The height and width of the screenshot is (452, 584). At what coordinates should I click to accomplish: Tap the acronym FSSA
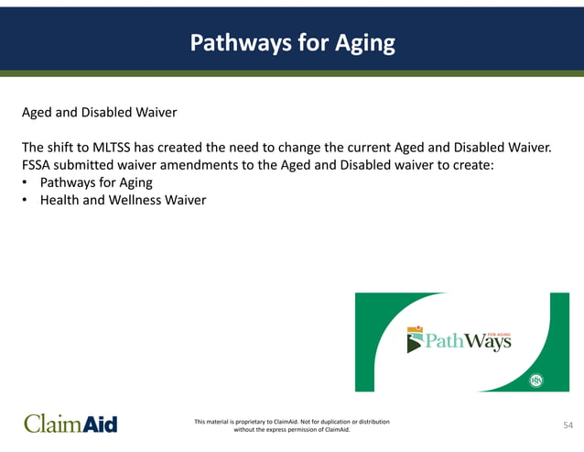[x=38, y=165]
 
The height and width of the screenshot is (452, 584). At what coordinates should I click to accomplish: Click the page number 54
[x=568, y=424]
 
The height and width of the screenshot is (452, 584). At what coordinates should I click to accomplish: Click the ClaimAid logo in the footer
[x=70, y=424]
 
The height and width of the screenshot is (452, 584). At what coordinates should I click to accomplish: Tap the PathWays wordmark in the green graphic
[x=466, y=343]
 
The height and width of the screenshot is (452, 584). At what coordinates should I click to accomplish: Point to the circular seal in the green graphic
[x=536, y=380]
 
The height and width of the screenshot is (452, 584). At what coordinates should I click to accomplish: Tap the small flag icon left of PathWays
[x=413, y=341]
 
